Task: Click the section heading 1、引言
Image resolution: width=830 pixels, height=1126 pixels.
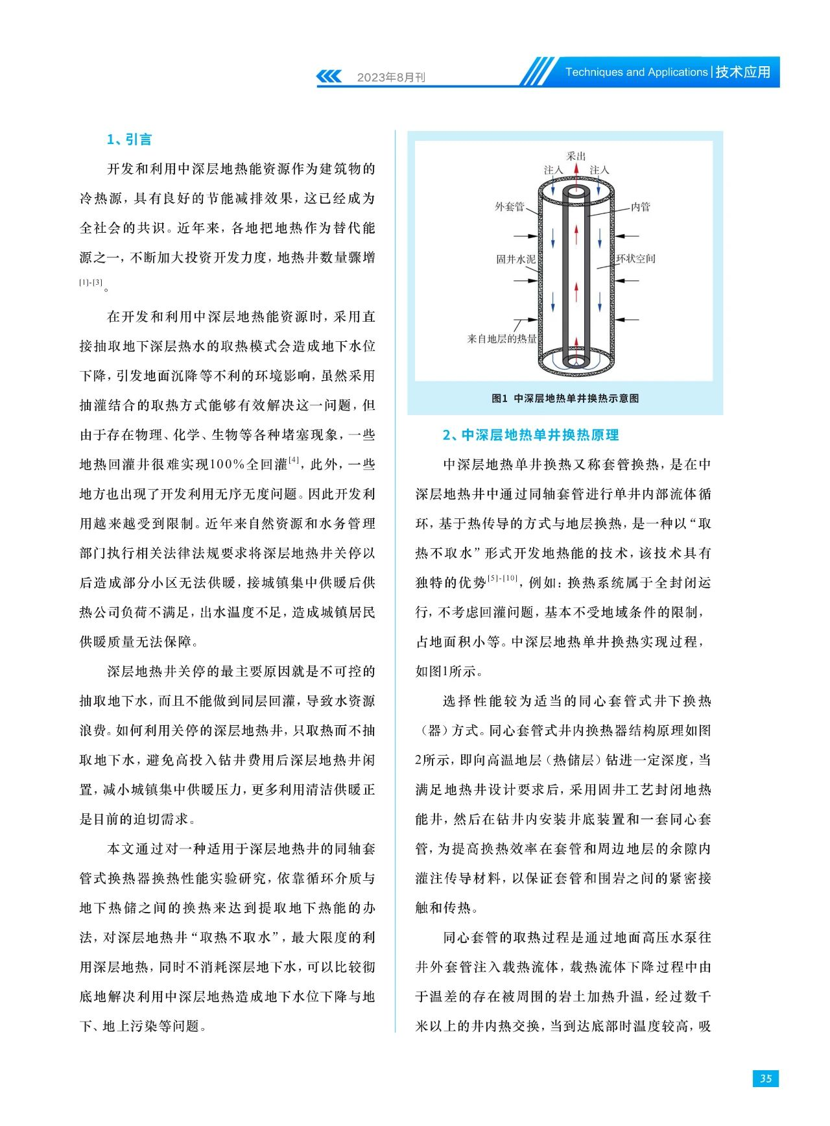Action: (129, 139)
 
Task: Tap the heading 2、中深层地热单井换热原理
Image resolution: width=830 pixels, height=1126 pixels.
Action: (530, 435)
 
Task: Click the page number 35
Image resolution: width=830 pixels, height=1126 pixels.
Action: (765, 1078)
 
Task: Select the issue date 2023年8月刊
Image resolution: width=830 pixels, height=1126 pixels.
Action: (391, 77)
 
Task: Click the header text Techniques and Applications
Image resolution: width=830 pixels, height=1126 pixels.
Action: (636, 72)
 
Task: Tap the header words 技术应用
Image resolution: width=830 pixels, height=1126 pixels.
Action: (743, 72)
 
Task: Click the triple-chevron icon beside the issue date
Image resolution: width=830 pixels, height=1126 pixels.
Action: (329, 77)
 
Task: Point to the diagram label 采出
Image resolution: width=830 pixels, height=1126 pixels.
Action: (576, 156)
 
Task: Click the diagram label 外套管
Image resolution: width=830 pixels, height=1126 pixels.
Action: (509, 207)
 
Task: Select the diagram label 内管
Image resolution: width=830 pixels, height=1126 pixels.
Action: (641, 207)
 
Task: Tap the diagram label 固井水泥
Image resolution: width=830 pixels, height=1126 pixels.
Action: (516, 259)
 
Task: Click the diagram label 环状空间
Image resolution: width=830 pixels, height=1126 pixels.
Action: (635, 259)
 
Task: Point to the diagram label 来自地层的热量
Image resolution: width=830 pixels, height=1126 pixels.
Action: (502, 339)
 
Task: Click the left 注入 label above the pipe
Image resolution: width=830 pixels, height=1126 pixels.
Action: (553, 170)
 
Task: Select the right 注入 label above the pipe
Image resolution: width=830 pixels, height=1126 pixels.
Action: (599, 170)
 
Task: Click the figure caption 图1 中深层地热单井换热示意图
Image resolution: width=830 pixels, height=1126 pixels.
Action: (565, 398)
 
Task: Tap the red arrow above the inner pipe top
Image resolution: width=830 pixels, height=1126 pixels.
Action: (576, 173)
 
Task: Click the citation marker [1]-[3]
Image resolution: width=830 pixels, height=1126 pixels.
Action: (91, 283)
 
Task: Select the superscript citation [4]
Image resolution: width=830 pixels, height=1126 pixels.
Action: (294, 460)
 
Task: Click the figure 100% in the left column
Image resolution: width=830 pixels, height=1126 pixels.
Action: (228, 464)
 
